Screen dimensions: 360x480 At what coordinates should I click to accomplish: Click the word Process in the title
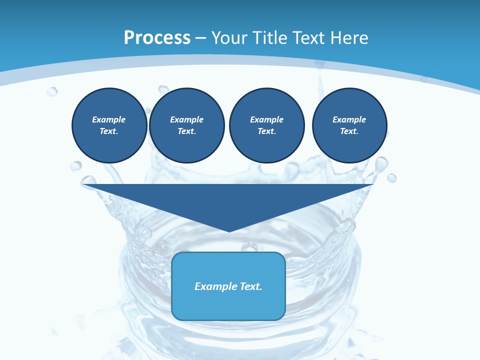pyautogui.click(x=157, y=38)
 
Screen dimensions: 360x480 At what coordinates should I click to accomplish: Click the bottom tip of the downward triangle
pyautogui.click(x=229, y=231)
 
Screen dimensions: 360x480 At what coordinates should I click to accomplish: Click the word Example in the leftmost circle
pyautogui.click(x=109, y=119)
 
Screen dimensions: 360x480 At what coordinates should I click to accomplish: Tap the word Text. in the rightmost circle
pyautogui.click(x=349, y=131)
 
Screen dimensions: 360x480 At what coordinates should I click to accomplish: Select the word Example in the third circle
pyautogui.click(x=266, y=119)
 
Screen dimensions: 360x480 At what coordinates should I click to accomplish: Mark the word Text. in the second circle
pyautogui.click(x=186, y=131)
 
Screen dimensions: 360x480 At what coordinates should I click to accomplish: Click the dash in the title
pyautogui.click(x=201, y=38)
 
